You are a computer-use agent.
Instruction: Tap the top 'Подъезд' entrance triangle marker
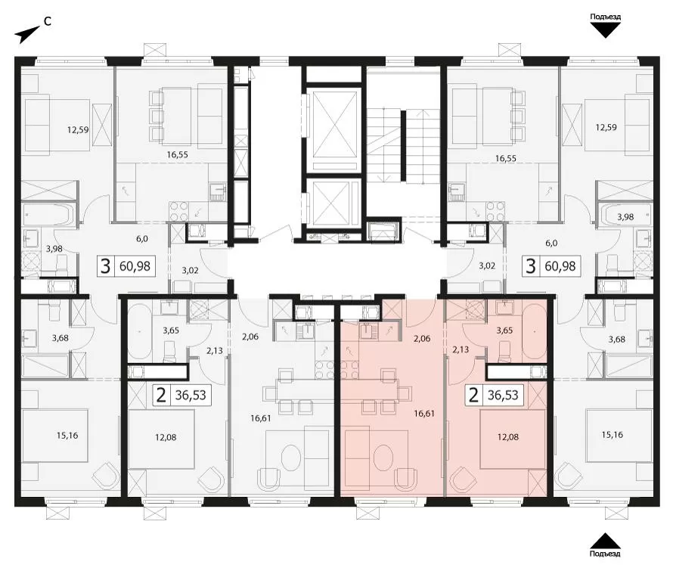coord(605,30)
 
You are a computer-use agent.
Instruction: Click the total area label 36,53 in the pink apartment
coord(503,395)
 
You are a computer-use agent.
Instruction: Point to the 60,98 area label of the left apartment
coord(135,266)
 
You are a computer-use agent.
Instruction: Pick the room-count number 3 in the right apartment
coord(531,265)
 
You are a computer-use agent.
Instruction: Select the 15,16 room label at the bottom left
coord(67,436)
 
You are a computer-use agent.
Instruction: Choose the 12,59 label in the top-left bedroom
coord(78,129)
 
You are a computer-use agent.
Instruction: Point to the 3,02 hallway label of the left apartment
coord(190,271)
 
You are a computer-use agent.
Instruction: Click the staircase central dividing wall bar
coord(403,146)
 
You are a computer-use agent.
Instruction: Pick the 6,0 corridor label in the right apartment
coord(551,243)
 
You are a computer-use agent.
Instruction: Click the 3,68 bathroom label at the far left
coord(60,338)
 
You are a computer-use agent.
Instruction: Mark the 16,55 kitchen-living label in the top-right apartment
coord(506,158)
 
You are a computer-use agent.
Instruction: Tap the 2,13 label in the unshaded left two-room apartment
coord(215,350)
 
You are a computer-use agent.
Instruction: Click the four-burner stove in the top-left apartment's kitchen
coord(178,211)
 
